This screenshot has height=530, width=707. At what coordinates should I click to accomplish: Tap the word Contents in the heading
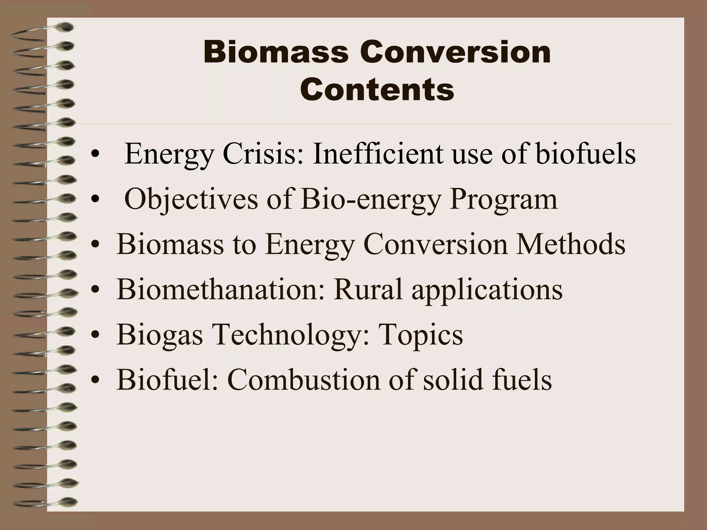pyautogui.click(x=377, y=90)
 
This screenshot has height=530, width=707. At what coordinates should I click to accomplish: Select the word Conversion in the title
pyautogui.click(x=455, y=53)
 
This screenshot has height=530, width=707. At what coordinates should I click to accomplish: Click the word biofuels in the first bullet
pyautogui.click(x=585, y=154)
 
